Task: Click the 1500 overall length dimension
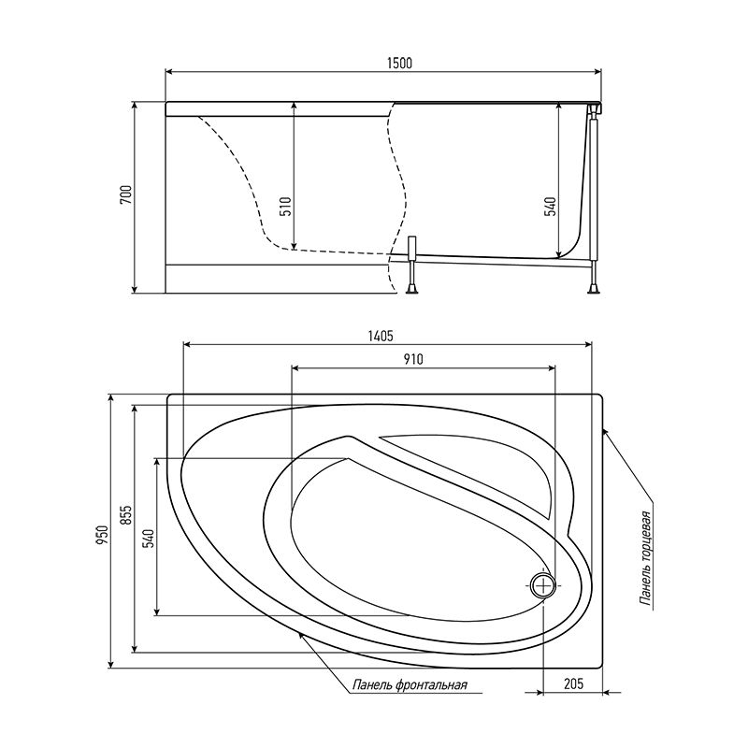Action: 398,63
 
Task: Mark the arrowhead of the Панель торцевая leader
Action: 605,429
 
